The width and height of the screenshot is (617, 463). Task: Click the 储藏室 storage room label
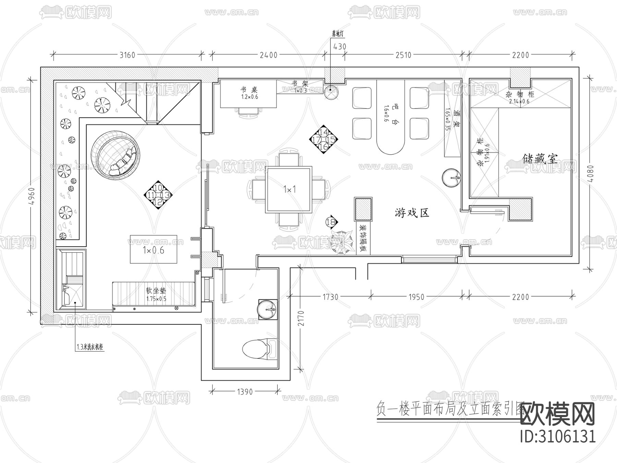click(x=540, y=158)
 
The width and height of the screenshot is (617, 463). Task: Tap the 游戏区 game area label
click(x=412, y=213)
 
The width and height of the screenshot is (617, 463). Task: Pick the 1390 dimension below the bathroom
click(x=244, y=391)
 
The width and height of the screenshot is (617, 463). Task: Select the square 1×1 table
click(x=289, y=189)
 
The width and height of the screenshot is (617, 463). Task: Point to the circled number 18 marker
click(x=331, y=222)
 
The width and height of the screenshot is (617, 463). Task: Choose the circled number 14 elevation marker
click(x=324, y=132)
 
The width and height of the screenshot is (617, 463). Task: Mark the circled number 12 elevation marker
click(x=158, y=202)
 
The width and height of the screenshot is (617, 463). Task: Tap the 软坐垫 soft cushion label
click(x=156, y=291)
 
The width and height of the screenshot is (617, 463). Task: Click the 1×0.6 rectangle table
click(x=153, y=250)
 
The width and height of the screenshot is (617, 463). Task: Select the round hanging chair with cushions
click(x=116, y=153)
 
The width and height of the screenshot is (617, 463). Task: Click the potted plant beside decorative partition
click(x=341, y=242)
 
